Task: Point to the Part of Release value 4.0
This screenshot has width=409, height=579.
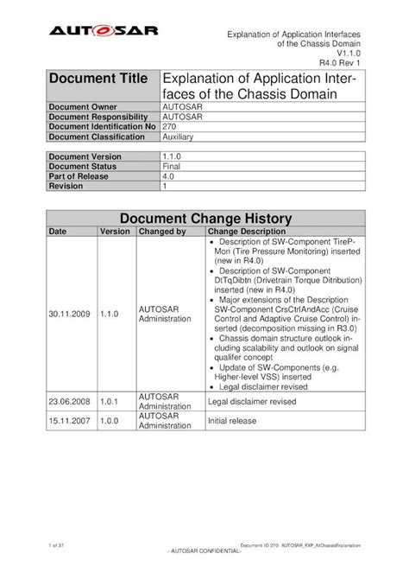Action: (169, 175)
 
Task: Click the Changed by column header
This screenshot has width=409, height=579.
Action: (161, 232)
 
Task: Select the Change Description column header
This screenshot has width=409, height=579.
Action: (246, 232)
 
